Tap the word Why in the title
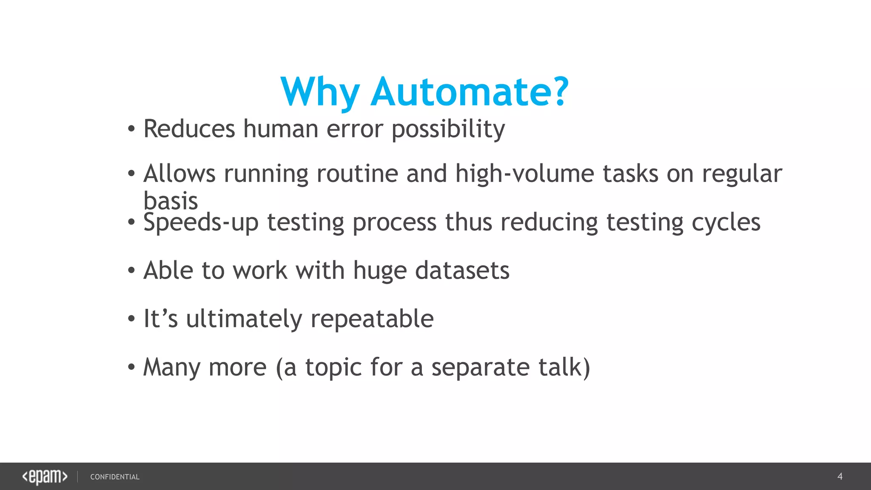(x=320, y=92)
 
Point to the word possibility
(x=448, y=129)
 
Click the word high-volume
(x=525, y=174)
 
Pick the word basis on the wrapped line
(x=171, y=201)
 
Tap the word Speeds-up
(x=201, y=222)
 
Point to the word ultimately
(x=244, y=319)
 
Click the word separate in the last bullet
(x=481, y=367)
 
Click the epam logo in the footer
(x=45, y=477)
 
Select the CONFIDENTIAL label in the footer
(x=115, y=477)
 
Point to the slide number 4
(x=840, y=476)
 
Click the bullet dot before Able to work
(x=131, y=271)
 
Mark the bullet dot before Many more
(x=131, y=367)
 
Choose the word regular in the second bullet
(x=742, y=174)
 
